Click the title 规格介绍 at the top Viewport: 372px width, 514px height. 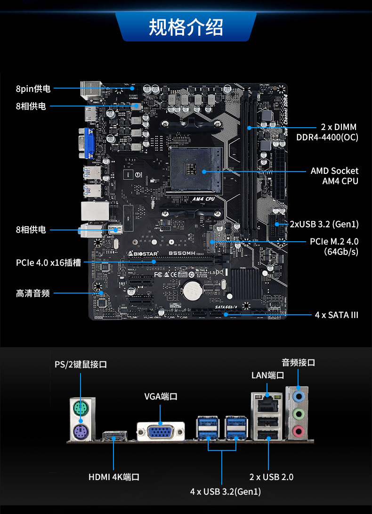[x=186, y=27]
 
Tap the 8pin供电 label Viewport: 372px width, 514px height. [x=33, y=89]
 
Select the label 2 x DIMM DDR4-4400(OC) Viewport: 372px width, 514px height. [x=327, y=132]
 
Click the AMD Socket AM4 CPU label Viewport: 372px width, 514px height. [x=334, y=176]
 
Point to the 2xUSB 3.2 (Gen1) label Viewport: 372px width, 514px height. [x=324, y=224]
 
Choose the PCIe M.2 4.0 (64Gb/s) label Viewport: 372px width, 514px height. [x=334, y=246]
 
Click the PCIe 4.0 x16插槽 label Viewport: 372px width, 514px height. [x=48, y=262]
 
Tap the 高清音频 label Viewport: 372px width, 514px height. [x=32, y=294]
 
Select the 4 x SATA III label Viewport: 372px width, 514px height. [x=336, y=315]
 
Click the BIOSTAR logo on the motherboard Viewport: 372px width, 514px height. [x=144, y=254]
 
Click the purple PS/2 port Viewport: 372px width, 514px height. [x=80, y=430]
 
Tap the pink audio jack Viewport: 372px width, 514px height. [x=298, y=430]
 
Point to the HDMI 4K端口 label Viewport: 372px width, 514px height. [x=114, y=477]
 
